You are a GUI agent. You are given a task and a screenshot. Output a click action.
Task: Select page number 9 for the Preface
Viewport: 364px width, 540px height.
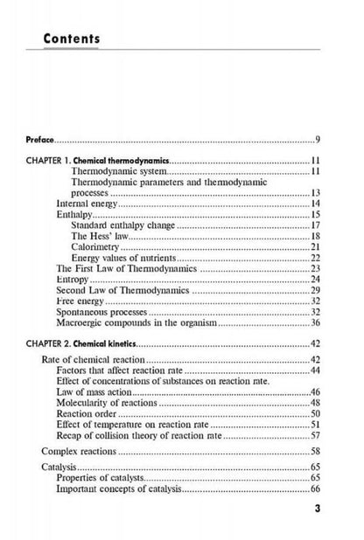click(x=317, y=140)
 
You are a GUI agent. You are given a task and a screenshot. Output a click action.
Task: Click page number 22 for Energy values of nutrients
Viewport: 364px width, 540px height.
click(x=314, y=260)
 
